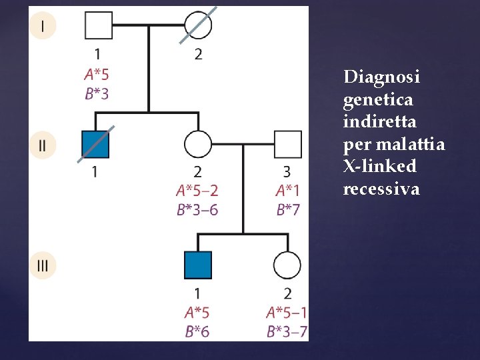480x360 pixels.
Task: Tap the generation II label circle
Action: (x=43, y=145)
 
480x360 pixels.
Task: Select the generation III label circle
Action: (x=43, y=265)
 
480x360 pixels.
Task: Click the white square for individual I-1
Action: (x=98, y=25)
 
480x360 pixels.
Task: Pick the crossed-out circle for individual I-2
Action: (x=198, y=25)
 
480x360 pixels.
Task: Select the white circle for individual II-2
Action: (x=198, y=145)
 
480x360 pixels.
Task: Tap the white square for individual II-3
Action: (x=288, y=145)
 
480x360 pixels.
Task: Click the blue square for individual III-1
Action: (x=198, y=265)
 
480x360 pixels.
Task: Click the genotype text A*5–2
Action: (x=197, y=191)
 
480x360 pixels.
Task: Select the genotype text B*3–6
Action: (x=197, y=210)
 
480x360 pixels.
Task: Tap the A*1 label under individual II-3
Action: (x=288, y=191)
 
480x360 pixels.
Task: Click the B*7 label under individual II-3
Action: (x=288, y=210)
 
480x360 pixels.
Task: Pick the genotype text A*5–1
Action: (x=287, y=312)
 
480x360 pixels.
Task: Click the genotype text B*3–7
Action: (x=287, y=331)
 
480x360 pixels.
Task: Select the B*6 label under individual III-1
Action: (x=197, y=331)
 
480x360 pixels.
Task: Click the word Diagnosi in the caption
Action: (x=381, y=77)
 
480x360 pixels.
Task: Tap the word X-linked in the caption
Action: (x=379, y=166)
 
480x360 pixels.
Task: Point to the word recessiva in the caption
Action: (x=381, y=189)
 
